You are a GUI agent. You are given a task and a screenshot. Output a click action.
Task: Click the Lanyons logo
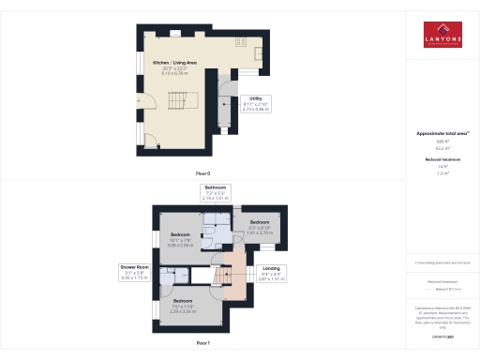click(x=442, y=34)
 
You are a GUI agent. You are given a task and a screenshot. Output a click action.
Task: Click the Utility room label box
click(x=255, y=104)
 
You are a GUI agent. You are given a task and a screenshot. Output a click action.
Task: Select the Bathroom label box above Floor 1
click(x=217, y=193)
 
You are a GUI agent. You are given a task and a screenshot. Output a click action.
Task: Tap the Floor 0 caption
click(x=202, y=174)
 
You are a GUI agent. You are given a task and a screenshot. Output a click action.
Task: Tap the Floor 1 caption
click(x=202, y=344)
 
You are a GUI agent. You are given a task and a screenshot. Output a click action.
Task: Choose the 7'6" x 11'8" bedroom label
click(x=183, y=304)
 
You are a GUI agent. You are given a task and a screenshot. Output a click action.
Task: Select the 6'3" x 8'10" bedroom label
click(x=260, y=226)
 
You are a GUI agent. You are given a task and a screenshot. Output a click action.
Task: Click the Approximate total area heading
click(x=442, y=133)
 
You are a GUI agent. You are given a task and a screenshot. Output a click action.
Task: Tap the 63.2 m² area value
click(x=442, y=148)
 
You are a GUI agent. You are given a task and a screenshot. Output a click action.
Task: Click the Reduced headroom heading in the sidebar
click(x=442, y=160)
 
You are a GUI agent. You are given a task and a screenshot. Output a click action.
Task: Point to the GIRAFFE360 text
click(x=442, y=333)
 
